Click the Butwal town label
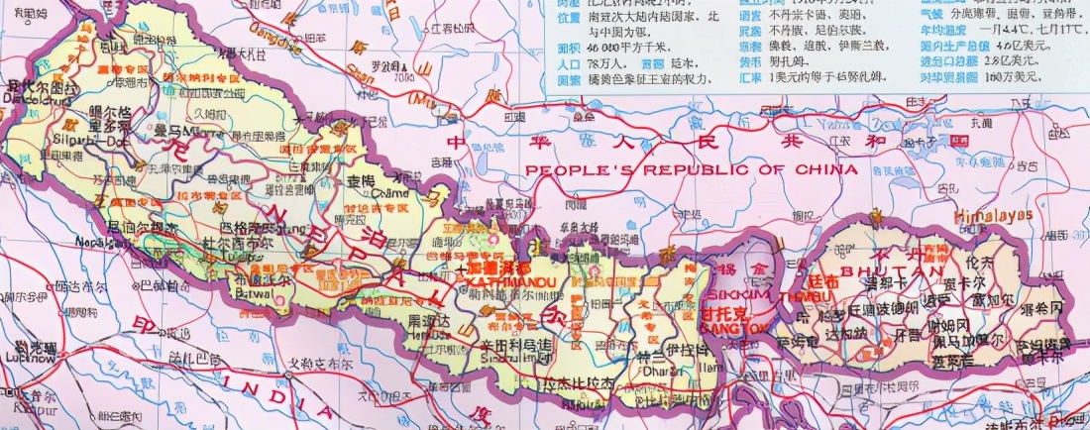click(x=256, y=294)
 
